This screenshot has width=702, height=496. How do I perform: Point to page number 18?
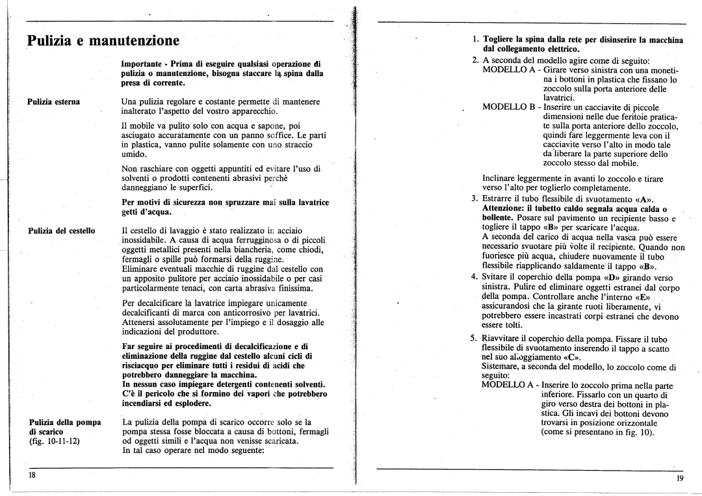31,475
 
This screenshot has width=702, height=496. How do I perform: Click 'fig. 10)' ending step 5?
642,432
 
